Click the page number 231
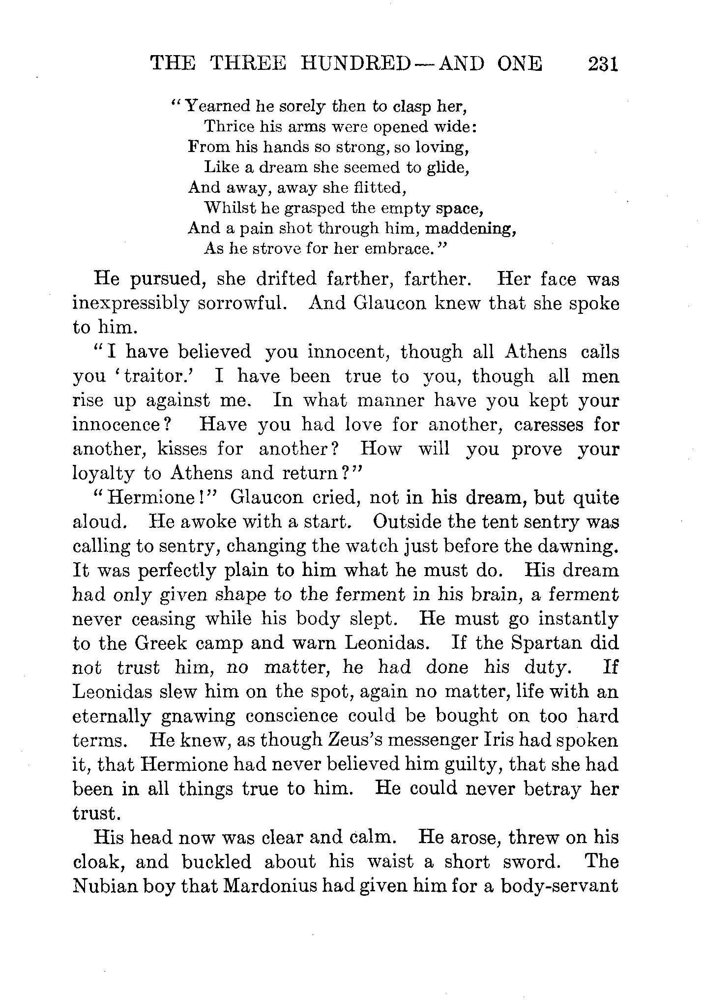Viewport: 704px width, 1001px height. tap(602, 64)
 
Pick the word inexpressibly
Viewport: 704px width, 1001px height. tap(130, 303)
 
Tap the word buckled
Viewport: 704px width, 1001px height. tap(216, 861)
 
